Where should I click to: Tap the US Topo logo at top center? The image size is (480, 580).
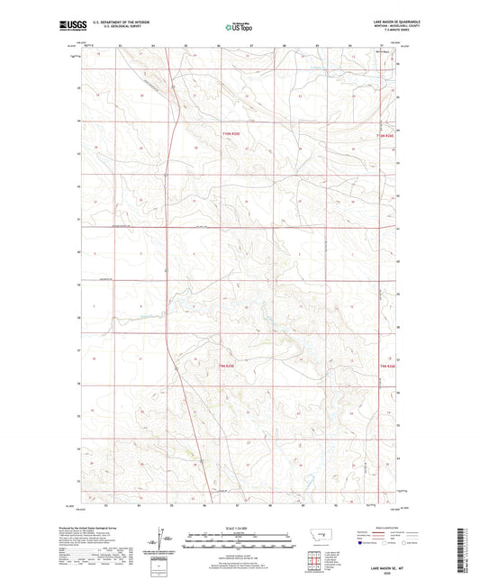[x=237, y=27]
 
